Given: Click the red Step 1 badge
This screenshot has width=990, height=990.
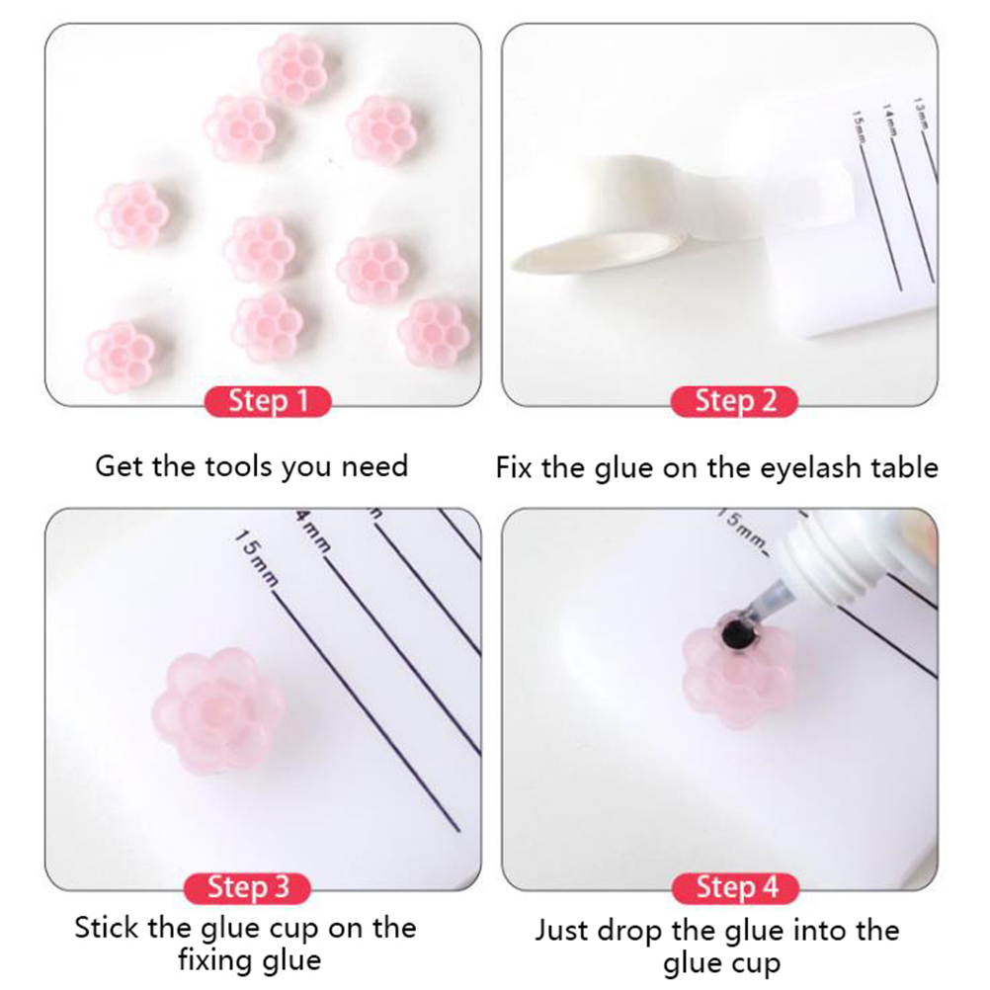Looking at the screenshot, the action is click(268, 401).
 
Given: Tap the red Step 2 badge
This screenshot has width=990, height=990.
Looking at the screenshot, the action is click(734, 401).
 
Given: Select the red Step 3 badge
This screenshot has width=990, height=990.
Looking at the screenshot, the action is click(247, 887).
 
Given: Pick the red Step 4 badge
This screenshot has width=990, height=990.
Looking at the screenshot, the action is click(735, 887).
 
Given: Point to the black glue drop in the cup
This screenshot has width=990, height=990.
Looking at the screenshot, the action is click(734, 633).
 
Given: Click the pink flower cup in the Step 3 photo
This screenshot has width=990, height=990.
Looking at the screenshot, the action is click(217, 711).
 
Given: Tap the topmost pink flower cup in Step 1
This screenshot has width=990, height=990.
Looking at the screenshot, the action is click(295, 69).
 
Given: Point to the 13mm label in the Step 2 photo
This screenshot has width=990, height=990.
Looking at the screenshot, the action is click(920, 114).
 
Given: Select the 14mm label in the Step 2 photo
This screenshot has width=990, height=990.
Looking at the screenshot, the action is click(889, 121).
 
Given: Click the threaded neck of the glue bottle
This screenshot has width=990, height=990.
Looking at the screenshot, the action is click(810, 555).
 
